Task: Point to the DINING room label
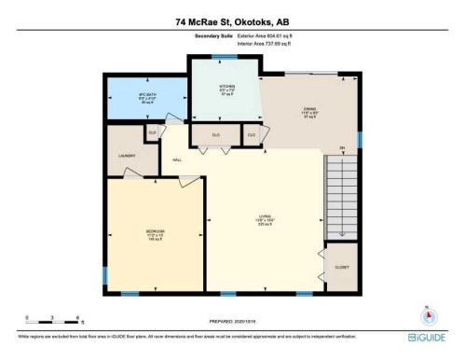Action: (x=308, y=111)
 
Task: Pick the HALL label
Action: (x=176, y=159)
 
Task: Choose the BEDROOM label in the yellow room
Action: (x=154, y=232)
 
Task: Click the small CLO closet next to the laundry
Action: (x=152, y=133)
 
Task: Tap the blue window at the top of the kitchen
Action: (x=223, y=56)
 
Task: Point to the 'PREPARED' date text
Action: (x=225, y=315)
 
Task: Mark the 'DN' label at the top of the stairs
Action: (x=343, y=148)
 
